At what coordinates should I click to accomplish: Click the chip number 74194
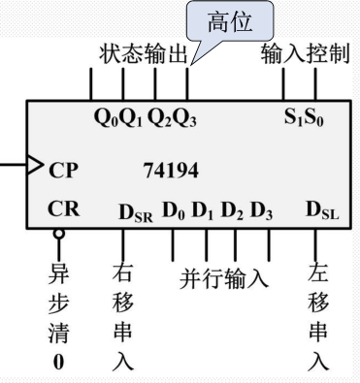(x=171, y=172)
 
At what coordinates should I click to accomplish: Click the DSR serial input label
(x=136, y=210)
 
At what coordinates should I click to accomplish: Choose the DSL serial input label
(x=320, y=210)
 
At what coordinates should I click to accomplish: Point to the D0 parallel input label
(x=173, y=209)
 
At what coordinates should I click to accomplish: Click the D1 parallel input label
(x=202, y=209)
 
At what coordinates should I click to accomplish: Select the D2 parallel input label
(x=231, y=209)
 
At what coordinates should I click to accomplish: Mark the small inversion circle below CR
(x=59, y=234)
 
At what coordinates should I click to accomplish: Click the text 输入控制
(x=304, y=54)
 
